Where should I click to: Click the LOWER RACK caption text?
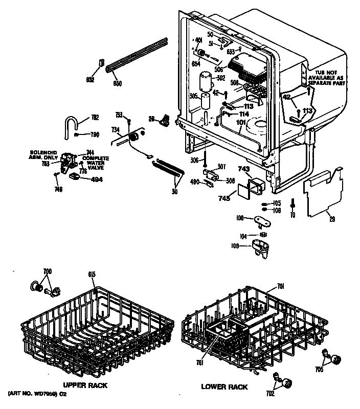point(224,387)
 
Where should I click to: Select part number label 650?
point(117,83)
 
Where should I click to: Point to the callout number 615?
point(92,275)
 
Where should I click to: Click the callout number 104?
point(243,237)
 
